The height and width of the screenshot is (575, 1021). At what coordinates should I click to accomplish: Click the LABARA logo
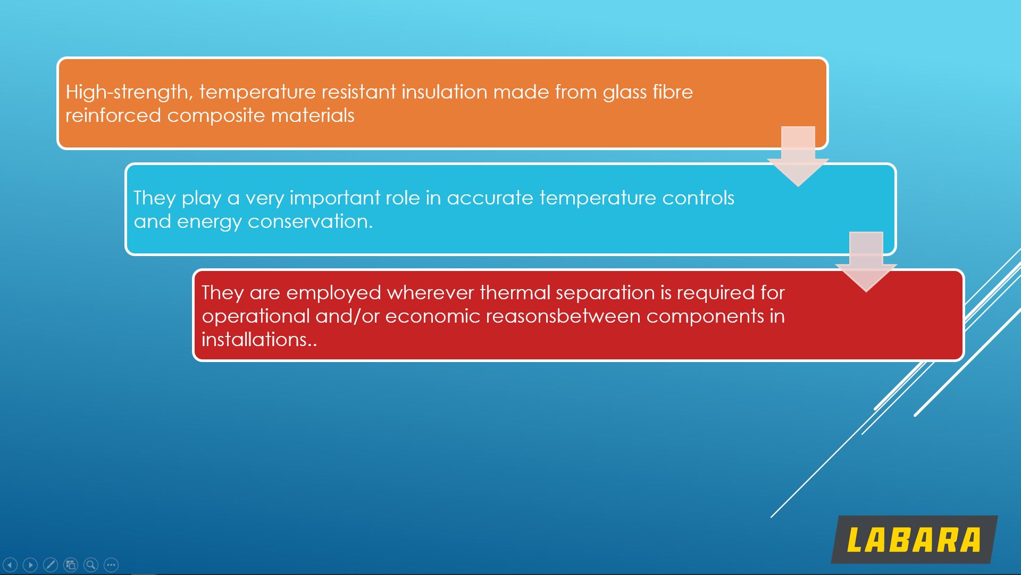click(914, 539)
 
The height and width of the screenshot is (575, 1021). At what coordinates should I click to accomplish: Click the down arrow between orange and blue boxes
click(798, 157)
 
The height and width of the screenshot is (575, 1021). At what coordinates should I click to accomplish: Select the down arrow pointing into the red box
click(866, 262)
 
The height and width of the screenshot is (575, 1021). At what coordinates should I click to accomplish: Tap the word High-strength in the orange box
click(127, 93)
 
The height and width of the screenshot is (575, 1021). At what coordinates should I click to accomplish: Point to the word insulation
click(444, 92)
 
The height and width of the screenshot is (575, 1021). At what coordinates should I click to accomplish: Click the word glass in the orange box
click(625, 93)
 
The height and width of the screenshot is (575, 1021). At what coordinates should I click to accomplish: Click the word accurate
click(490, 199)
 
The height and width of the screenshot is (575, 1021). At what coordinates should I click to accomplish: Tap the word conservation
click(311, 221)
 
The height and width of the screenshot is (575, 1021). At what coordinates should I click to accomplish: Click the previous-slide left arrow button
click(10, 565)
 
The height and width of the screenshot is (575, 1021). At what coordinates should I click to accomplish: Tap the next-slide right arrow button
click(30, 565)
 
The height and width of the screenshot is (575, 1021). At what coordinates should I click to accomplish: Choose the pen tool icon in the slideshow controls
click(51, 565)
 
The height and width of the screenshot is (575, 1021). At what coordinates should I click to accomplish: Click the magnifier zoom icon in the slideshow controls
click(91, 565)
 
